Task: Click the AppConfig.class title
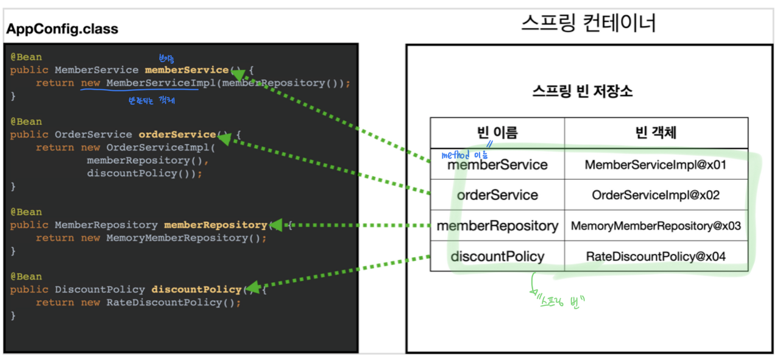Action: coord(62,29)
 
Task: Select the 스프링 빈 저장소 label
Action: coord(582,92)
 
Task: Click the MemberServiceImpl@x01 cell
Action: coord(656,164)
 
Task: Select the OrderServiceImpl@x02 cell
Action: coord(656,196)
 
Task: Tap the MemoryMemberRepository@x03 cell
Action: coord(656,226)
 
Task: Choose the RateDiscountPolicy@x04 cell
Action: coord(656,256)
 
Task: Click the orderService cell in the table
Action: coord(497,196)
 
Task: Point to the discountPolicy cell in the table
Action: coord(497,256)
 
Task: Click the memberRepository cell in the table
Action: coord(497,226)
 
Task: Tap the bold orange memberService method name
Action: coord(186,70)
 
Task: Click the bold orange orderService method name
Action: coord(177,135)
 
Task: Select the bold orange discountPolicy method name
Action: coord(196,289)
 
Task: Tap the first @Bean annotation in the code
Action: coord(26,57)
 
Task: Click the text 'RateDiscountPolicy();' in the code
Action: coord(174,303)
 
